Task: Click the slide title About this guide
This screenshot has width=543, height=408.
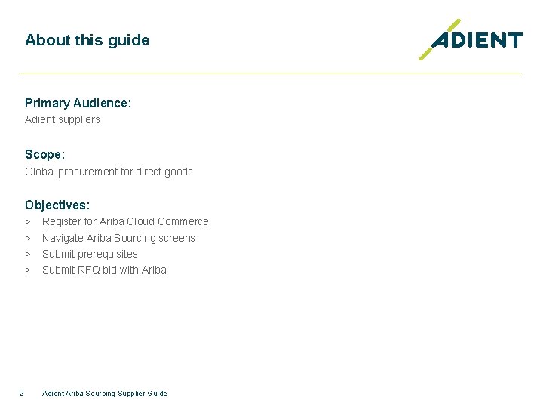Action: point(87,40)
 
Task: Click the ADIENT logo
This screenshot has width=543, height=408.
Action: point(471,40)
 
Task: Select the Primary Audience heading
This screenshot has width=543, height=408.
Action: point(78,103)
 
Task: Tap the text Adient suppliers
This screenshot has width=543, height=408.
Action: point(62,119)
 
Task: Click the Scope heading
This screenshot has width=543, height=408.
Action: point(44,154)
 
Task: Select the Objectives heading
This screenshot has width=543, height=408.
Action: point(57,205)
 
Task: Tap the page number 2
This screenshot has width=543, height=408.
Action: point(21,393)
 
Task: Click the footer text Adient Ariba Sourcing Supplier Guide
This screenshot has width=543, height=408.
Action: point(105,393)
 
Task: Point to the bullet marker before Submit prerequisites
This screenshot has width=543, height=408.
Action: point(27,254)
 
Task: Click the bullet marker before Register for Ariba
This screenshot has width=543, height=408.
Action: point(27,221)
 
